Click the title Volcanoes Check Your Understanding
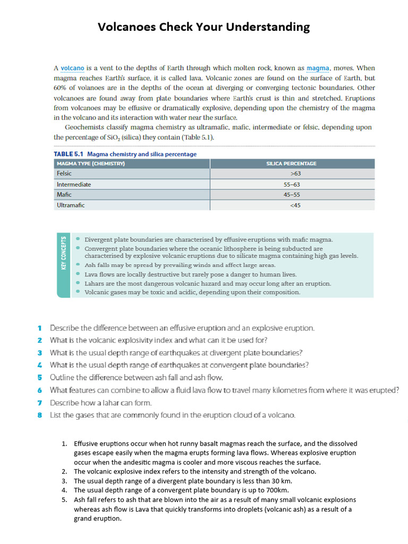203,27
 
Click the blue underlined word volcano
72,69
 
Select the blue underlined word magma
318,69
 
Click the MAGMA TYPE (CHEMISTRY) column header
90,164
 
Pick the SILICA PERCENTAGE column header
291,164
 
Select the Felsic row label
64,174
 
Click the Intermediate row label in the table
74,184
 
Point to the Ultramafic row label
71,205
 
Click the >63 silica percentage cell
295,174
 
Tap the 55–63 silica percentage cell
292,184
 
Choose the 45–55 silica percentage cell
292,194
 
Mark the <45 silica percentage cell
295,205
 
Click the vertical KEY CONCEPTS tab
63,253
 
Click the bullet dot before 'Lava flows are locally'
79,274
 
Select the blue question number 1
40,328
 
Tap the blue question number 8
40,415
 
